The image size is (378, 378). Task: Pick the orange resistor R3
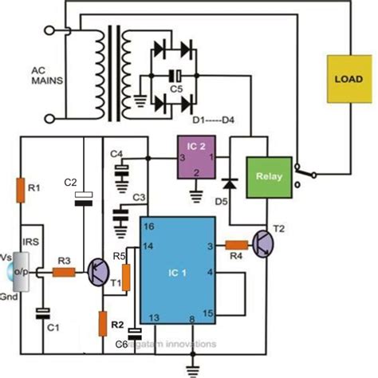click(x=64, y=272)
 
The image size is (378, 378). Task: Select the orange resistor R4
click(x=238, y=246)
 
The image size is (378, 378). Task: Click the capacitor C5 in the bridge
click(x=171, y=76)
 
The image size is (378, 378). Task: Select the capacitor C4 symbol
click(x=121, y=169)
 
